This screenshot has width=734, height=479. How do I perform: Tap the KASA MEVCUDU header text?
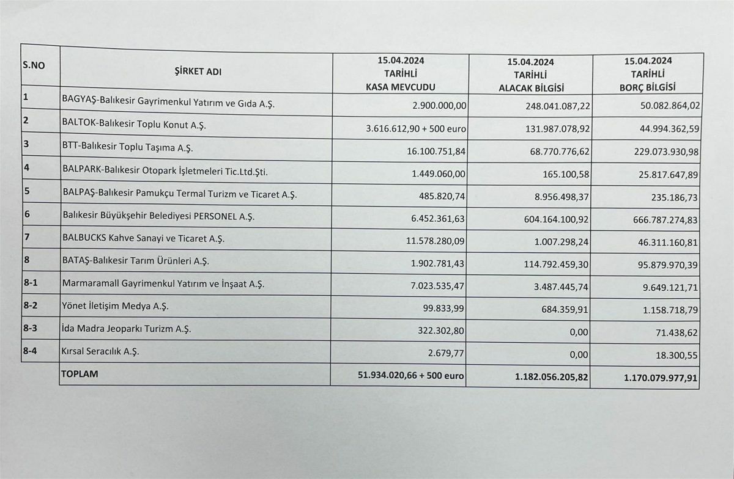(x=401, y=86)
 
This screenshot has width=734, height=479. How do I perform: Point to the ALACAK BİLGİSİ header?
(x=530, y=87)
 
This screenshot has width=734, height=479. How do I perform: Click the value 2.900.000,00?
(x=440, y=105)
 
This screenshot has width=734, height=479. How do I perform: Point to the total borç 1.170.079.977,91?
(x=661, y=379)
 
